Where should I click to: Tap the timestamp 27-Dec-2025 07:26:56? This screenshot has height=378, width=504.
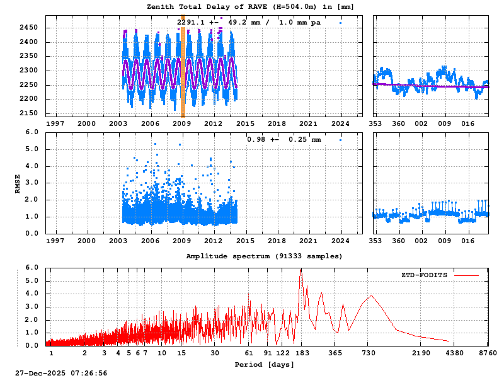tap(61, 373)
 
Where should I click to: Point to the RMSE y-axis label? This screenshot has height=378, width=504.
tap(18, 183)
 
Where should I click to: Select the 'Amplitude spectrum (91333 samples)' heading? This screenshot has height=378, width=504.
tap(264, 256)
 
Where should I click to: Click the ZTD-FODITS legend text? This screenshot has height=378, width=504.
tap(424, 275)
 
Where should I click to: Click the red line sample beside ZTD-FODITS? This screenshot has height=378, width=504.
tap(466, 275)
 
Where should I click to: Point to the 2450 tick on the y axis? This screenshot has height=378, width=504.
tap(28, 28)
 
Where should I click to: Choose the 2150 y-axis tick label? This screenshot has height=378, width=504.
tap(28, 113)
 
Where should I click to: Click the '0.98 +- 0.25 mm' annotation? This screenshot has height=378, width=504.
tap(283, 139)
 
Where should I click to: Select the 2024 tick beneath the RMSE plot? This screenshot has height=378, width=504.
tap(341, 241)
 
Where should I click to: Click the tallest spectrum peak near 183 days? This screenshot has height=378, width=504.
tap(301, 270)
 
